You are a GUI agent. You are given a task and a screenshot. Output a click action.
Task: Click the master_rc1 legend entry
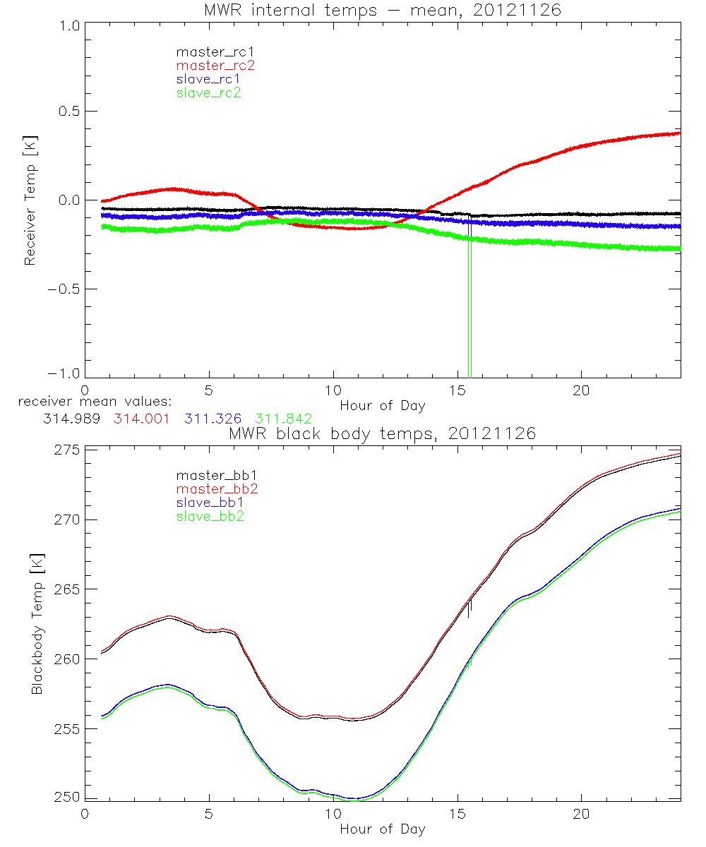pyautogui.click(x=208, y=52)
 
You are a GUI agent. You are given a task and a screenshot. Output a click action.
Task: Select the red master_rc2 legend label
pyautogui.click(x=208, y=65)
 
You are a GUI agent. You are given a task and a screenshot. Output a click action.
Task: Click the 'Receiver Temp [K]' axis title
pyautogui.click(x=30, y=200)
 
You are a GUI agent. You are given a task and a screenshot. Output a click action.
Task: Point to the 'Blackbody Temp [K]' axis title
pyautogui.click(x=37, y=624)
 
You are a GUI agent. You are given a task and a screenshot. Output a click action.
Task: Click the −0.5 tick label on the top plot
pyautogui.click(x=64, y=289)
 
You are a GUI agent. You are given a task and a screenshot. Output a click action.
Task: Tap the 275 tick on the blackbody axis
pyautogui.click(x=68, y=450)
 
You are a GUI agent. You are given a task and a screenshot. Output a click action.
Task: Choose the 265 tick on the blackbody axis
pyautogui.click(x=68, y=589)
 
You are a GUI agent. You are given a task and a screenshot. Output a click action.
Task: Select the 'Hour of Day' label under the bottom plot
pyautogui.click(x=382, y=829)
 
